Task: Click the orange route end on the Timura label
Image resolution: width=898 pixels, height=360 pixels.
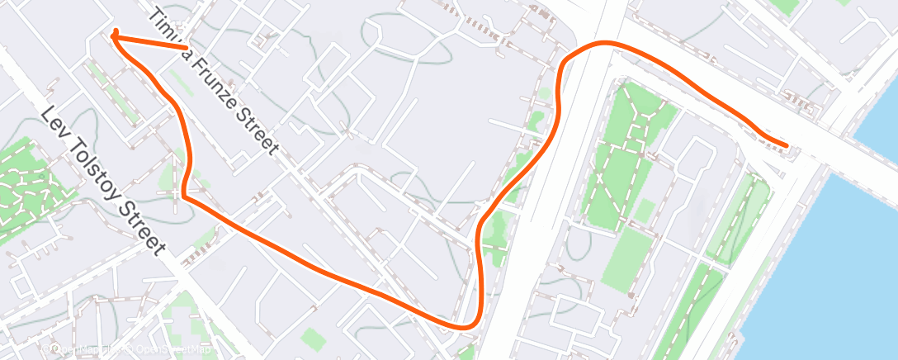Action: [x=186, y=48]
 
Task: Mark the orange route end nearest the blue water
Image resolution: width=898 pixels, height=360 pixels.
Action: [x=787, y=146]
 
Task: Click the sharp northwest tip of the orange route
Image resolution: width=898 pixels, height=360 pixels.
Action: [x=113, y=35]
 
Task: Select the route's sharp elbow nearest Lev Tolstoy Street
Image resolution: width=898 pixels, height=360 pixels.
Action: [x=184, y=197]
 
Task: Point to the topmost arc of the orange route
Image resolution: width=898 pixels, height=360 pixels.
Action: [x=607, y=43]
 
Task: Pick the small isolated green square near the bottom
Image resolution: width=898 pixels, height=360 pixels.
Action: [x=311, y=337]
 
